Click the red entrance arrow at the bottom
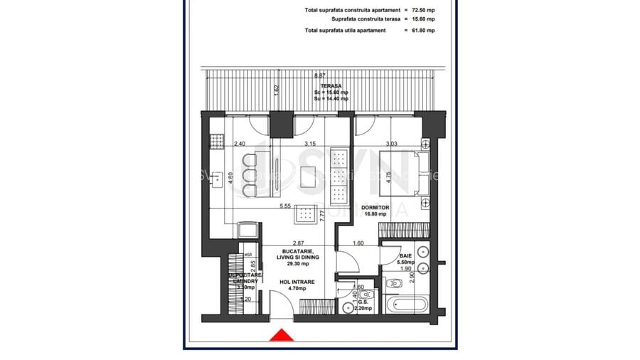(x=282, y=335)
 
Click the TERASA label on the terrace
(x=329, y=87)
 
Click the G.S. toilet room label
(x=363, y=302)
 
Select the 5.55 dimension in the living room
(x=286, y=206)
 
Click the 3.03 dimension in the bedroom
(x=392, y=144)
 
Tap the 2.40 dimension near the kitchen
(x=240, y=144)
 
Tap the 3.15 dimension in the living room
(x=309, y=144)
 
